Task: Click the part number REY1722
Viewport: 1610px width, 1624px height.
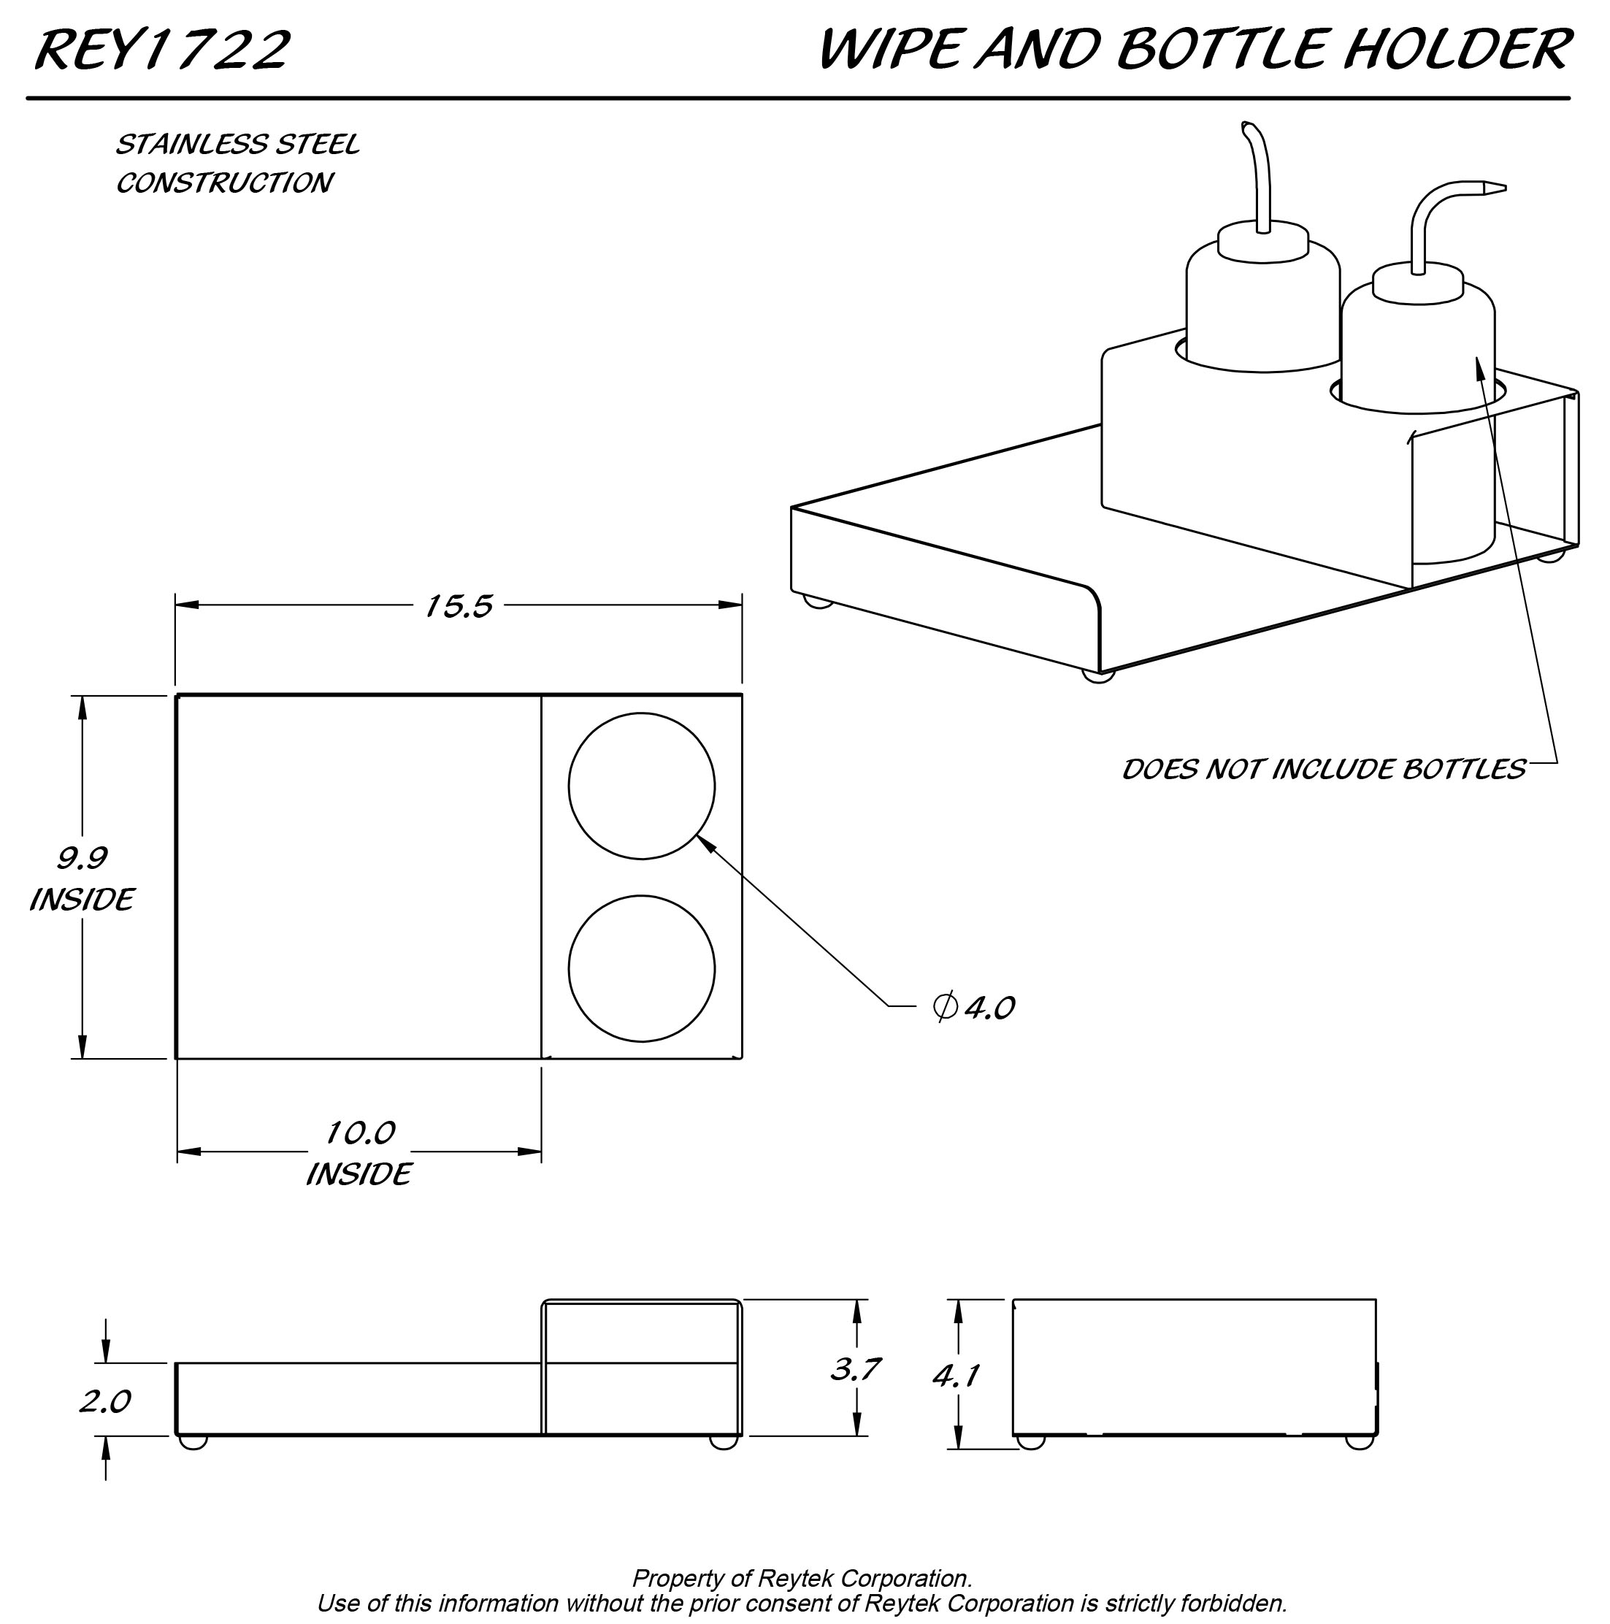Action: pyautogui.click(x=162, y=50)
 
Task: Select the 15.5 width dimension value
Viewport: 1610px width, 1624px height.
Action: pyautogui.click(x=459, y=606)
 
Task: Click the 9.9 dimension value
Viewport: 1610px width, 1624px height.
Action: pyautogui.click(x=82, y=857)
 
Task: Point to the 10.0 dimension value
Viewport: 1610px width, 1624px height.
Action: pyautogui.click(x=360, y=1133)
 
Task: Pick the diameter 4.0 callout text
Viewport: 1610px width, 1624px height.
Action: pyautogui.click(x=975, y=1006)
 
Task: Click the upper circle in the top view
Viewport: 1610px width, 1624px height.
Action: pyautogui.click(x=642, y=786)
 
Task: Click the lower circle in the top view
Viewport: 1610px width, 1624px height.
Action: pyautogui.click(x=642, y=968)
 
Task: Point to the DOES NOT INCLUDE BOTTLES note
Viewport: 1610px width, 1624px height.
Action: pyautogui.click(x=1323, y=769)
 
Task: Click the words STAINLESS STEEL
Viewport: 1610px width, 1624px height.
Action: pyautogui.click(x=237, y=145)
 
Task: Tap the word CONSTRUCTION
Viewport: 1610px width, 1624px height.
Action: pyautogui.click(x=223, y=183)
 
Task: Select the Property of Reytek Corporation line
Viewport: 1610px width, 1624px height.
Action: pyautogui.click(x=802, y=1578)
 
